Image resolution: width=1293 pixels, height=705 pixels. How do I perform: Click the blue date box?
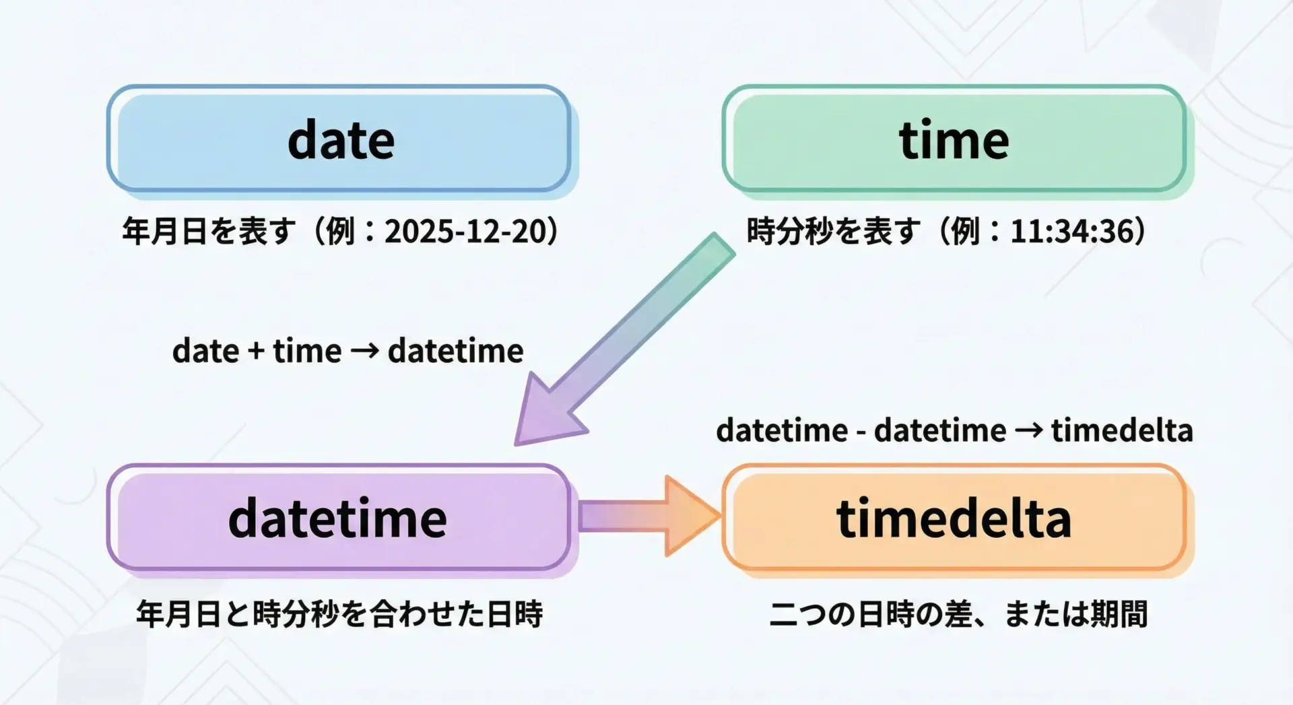coord(339,139)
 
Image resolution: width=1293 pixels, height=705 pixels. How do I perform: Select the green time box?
coord(954,139)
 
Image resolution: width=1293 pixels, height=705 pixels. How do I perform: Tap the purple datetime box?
coord(339,518)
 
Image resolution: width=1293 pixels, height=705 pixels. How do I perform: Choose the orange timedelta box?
coord(954,518)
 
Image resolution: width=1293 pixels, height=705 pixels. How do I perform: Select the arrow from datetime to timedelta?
coord(649,516)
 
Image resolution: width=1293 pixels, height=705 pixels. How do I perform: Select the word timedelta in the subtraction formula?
coord(1122,430)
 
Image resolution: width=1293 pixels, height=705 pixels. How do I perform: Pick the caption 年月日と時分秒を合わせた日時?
coord(339,614)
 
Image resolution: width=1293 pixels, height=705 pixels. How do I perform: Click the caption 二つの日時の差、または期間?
coord(958,614)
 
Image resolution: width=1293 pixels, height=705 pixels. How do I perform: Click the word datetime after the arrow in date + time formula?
coord(456,351)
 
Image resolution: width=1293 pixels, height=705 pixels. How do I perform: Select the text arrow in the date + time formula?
coord(364,351)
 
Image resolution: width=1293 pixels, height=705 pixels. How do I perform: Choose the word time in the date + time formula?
coord(307,351)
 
